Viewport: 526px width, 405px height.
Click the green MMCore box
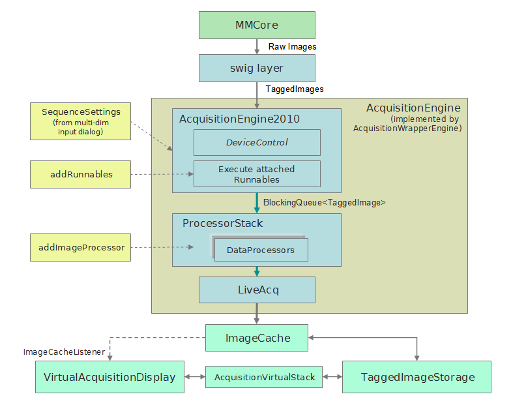(257, 25)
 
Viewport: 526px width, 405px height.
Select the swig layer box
(257, 68)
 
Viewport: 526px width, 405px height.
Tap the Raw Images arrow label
(292, 47)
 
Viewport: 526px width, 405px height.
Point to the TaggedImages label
(295, 89)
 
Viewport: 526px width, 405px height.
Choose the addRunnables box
(81, 175)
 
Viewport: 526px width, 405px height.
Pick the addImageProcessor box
(81, 248)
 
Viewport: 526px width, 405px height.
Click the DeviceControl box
(257, 142)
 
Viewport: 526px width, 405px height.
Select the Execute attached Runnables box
(257, 174)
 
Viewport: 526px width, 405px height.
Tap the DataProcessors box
(261, 250)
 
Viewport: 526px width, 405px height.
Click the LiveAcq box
(257, 290)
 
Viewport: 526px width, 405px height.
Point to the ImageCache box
(257, 338)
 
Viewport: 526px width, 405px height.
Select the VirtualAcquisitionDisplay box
(110, 377)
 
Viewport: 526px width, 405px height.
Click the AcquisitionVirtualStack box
(264, 377)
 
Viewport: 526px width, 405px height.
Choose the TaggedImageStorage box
(417, 377)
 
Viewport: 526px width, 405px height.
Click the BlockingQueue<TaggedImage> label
(324, 203)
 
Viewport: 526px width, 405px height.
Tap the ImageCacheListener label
(64, 352)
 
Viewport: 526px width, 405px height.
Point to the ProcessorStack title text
(222, 224)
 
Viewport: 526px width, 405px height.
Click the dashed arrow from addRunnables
(162, 175)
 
